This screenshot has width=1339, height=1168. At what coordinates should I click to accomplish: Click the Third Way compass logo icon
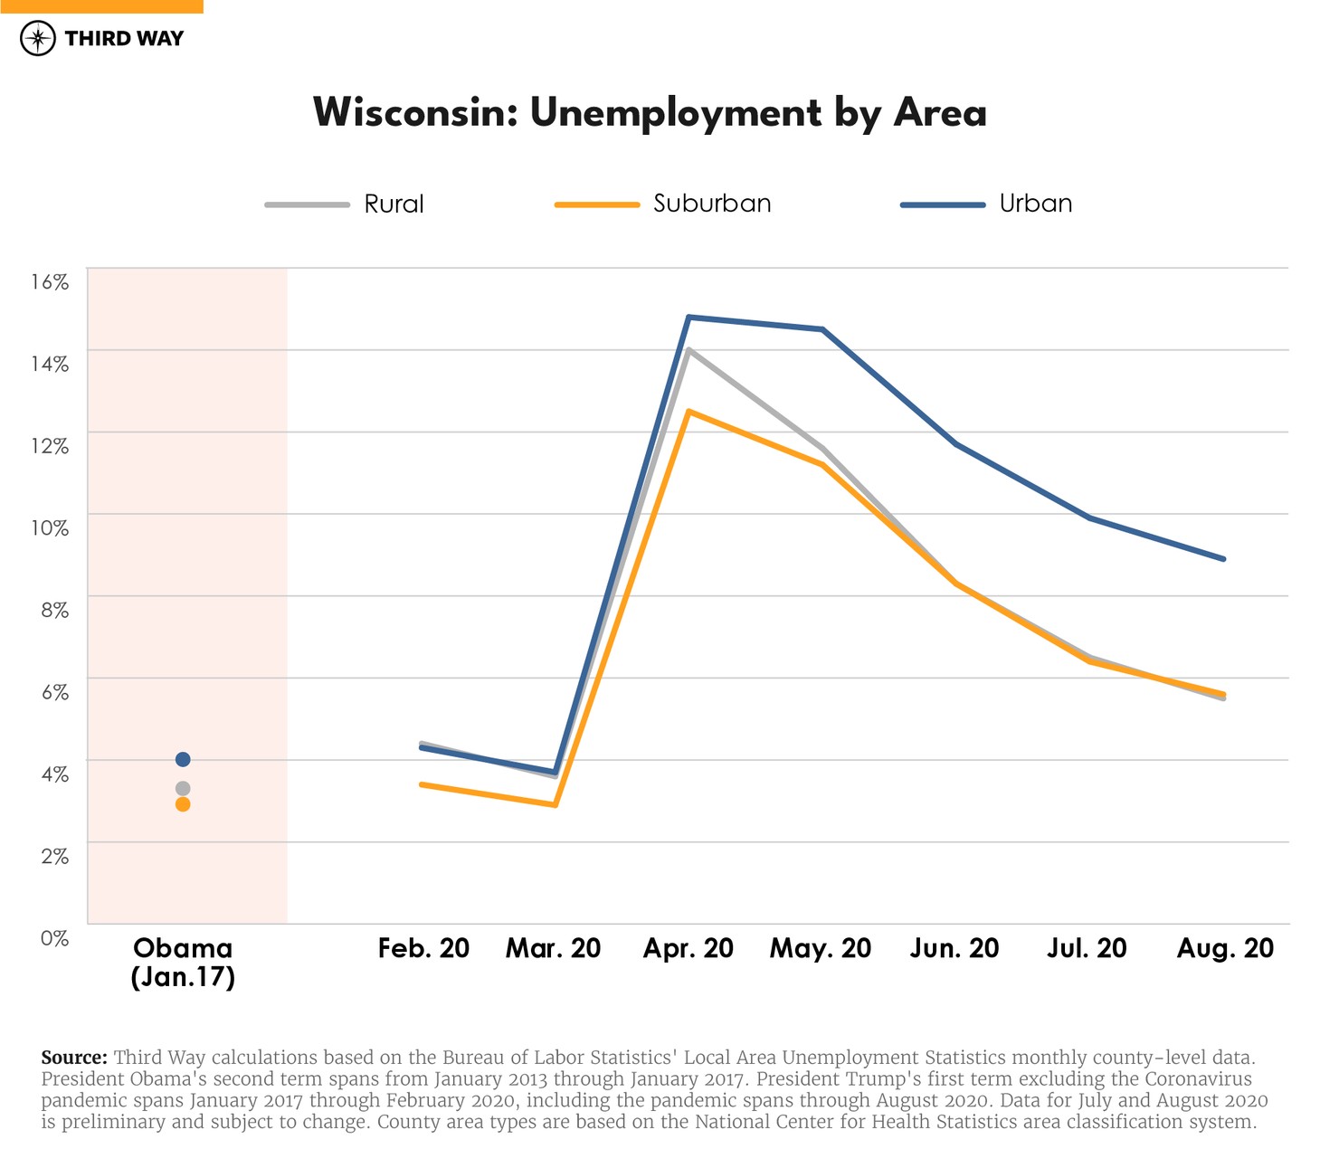click(38, 38)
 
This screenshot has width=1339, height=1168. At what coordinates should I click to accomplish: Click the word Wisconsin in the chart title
click(414, 113)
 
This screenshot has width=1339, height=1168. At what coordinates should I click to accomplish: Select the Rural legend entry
click(393, 204)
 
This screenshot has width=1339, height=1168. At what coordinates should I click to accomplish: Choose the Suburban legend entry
click(711, 204)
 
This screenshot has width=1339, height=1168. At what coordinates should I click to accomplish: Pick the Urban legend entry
click(1035, 204)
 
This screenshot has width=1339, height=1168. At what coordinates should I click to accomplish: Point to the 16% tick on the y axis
click(50, 282)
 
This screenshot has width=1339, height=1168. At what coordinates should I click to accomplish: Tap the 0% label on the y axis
click(54, 938)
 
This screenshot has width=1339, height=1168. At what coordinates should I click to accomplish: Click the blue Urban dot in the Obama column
click(183, 759)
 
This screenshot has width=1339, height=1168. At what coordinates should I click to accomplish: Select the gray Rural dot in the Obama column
click(183, 789)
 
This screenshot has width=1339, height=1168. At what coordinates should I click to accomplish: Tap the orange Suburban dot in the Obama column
click(183, 804)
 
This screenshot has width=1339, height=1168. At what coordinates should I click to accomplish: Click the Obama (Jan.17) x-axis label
click(183, 962)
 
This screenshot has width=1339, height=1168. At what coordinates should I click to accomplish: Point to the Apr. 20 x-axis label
click(688, 948)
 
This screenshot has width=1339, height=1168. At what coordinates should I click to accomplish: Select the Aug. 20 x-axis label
click(1225, 948)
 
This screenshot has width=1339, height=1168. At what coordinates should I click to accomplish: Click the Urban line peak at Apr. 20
click(688, 317)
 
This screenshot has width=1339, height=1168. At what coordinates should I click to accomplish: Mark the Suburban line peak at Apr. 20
click(688, 412)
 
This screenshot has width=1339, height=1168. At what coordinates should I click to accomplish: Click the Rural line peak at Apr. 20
click(688, 349)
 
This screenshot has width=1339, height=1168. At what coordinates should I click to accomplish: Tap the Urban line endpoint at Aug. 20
click(1224, 559)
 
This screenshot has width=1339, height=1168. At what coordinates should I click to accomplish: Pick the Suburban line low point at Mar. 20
click(556, 804)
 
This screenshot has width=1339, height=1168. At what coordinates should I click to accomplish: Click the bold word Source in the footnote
click(74, 1058)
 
